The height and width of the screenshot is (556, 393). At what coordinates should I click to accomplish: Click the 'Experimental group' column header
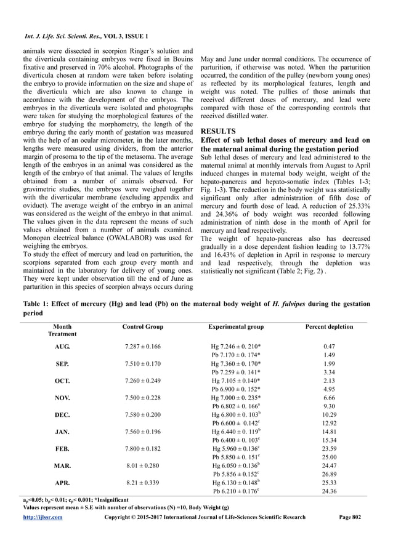[237, 326]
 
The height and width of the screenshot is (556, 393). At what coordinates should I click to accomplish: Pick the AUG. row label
[62, 347]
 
